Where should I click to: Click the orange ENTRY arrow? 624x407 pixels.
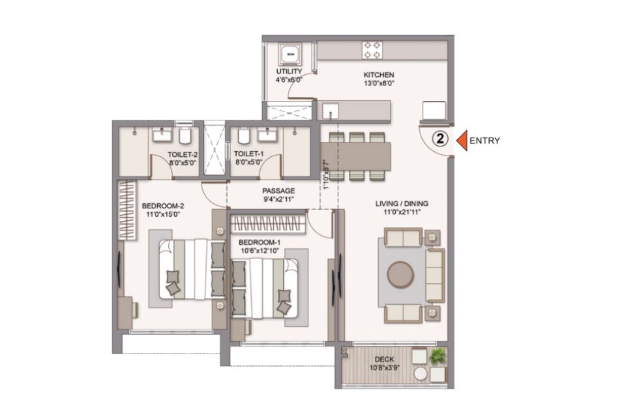pyautogui.click(x=462, y=140)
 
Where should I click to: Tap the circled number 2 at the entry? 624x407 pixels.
pyautogui.click(x=441, y=139)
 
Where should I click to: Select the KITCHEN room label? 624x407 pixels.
pyautogui.click(x=378, y=74)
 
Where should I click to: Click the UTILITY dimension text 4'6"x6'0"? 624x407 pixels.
pyautogui.click(x=290, y=79)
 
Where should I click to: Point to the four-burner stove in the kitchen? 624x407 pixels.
pyautogui.click(x=372, y=51)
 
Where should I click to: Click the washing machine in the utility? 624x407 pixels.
pyautogui.click(x=290, y=53)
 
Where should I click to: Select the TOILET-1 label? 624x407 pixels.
pyautogui.click(x=248, y=154)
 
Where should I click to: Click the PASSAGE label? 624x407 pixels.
pyautogui.click(x=278, y=191)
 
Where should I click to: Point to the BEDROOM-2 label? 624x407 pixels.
pyautogui.click(x=163, y=206)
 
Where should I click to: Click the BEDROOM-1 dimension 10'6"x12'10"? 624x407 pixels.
pyautogui.click(x=260, y=251)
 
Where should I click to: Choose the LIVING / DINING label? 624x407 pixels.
pyautogui.click(x=402, y=203)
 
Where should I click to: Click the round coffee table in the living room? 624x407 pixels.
pyautogui.click(x=401, y=274)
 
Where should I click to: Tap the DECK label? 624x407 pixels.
pyautogui.click(x=385, y=359)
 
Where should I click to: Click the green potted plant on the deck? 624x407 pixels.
pyautogui.click(x=438, y=355)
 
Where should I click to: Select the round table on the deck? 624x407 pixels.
pyautogui.click(x=421, y=374)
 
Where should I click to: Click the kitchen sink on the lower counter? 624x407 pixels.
pyautogui.click(x=331, y=111)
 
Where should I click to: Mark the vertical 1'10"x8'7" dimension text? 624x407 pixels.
pyautogui.click(x=326, y=175)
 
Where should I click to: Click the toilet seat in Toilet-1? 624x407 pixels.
pyautogui.click(x=244, y=136)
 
